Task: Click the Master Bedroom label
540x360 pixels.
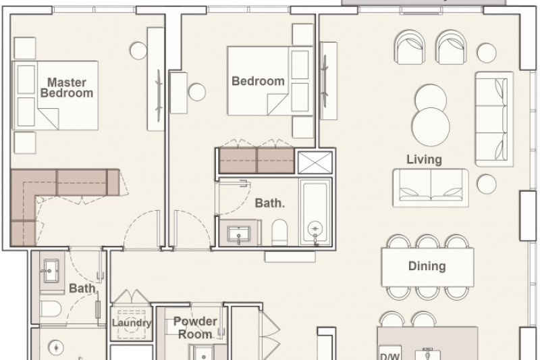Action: click(x=67, y=88)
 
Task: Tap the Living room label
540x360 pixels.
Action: click(x=424, y=159)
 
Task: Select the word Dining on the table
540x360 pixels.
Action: click(x=427, y=266)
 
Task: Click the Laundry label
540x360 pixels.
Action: click(x=132, y=323)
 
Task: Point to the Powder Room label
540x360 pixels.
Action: click(x=195, y=328)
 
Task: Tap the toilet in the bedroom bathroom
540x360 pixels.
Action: click(x=279, y=232)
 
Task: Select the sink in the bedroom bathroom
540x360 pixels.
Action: click(x=239, y=234)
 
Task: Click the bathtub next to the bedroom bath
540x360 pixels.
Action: click(x=315, y=212)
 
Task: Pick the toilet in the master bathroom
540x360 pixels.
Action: click(x=50, y=309)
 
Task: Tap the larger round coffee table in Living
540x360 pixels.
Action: click(x=431, y=126)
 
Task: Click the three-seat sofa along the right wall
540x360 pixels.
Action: click(x=494, y=119)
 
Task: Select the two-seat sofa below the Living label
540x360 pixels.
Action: click(x=431, y=188)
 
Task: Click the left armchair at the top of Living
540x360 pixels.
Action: click(x=410, y=47)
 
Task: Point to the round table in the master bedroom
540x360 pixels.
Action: click(x=138, y=51)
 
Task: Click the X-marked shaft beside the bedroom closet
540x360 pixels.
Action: click(x=315, y=162)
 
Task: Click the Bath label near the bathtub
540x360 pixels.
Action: click(x=269, y=203)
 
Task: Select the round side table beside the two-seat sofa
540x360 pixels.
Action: click(x=487, y=184)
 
